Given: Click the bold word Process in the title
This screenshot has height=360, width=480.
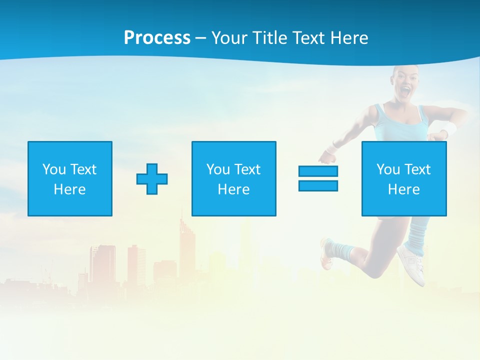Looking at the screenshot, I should pyautogui.click(x=157, y=38).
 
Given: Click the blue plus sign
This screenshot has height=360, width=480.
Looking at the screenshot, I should pyautogui.click(x=152, y=178).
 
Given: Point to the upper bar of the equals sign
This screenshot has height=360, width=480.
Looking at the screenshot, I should pyautogui.click(x=318, y=171).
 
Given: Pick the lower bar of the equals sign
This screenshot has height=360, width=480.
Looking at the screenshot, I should pyautogui.click(x=318, y=185).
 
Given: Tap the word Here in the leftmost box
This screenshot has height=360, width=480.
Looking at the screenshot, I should pyautogui.click(x=69, y=189).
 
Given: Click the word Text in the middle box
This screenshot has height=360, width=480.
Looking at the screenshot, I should pyautogui.click(x=247, y=169).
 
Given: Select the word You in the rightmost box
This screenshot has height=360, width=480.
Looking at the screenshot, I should pyautogui.click(x=388, y=169).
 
